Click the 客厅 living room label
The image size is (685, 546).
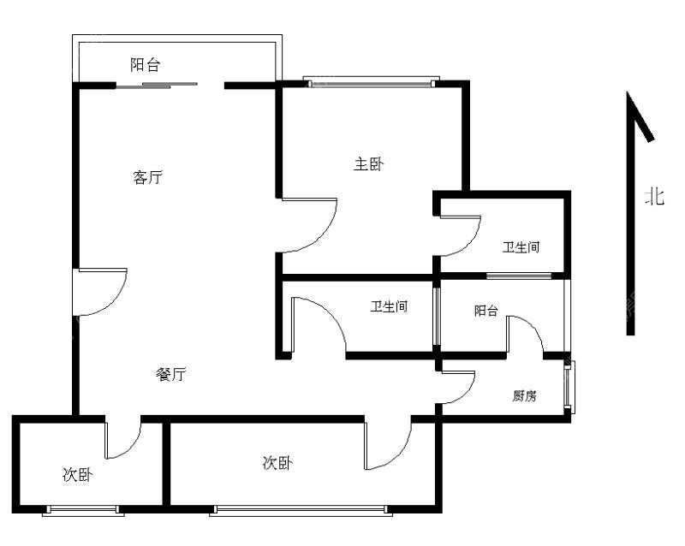(147, 177)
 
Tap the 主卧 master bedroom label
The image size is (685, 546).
(369, 164)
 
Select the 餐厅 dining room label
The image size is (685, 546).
(170, 374)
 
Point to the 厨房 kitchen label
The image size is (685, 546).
(524, 395)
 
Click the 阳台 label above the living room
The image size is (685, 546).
(146, 65)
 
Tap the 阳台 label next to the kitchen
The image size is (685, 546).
(486, 311)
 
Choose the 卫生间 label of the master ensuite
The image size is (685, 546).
(521, 247)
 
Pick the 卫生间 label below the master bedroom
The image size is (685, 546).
(389, 306)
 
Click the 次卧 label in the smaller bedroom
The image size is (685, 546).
(78, 474)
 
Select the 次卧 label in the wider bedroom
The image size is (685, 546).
(277, 463)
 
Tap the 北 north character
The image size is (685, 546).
(655, 196)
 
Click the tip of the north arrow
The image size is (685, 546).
(628, 92)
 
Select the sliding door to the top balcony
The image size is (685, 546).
(158, 86)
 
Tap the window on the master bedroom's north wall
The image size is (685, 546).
(372, 81)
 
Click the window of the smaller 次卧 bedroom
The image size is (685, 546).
(83, 510)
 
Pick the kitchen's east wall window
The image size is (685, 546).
(569, 387)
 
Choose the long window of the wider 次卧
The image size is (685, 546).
(301, 510)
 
